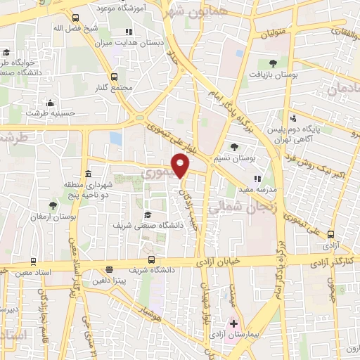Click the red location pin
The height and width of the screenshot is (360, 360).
coord(181,166)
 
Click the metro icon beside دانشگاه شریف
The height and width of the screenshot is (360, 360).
coord(109,269)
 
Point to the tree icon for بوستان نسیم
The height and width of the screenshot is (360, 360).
coord(234,147)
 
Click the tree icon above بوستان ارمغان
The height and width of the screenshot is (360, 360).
coord(52,205)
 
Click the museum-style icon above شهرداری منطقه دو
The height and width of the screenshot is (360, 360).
coord(87,174)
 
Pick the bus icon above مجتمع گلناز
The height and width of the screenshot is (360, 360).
coord(114,77)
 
